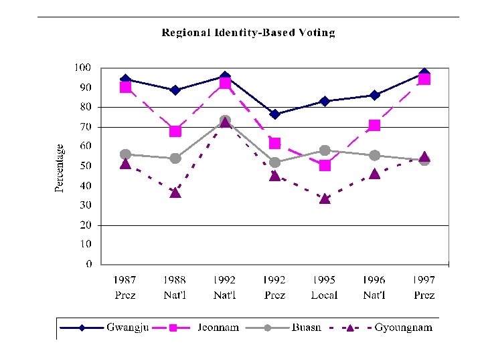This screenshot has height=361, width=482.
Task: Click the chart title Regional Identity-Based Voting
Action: coord(248,32)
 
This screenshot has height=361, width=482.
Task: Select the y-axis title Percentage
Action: coord(60,168)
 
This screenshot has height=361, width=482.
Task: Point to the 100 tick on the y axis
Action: coord(82,68)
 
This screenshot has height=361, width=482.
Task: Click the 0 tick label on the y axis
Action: coord(88,264)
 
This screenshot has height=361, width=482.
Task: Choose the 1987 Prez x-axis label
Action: coord(125,287)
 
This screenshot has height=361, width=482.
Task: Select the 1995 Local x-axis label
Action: coord(324,287)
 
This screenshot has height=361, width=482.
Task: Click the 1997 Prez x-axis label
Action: coord(424,287)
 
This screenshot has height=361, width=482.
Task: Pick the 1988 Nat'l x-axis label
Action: coord(175,287)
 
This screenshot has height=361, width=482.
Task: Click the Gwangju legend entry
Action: coord(107,328)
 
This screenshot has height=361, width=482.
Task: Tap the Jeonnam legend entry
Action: coord(201,328)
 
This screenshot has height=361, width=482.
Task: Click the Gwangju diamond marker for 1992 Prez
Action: coord(274,114)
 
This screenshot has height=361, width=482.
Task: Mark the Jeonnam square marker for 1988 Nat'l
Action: coord(175,131)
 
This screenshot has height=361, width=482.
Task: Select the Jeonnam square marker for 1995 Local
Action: coord(325,165)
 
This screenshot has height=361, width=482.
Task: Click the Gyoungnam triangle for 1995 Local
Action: coord(325,198)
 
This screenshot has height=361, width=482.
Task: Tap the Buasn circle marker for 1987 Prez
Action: coord(125,154)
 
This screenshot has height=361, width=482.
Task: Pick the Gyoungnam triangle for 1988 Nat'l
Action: coord(175,193)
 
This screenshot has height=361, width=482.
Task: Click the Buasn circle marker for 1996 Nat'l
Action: coord(374,155)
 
